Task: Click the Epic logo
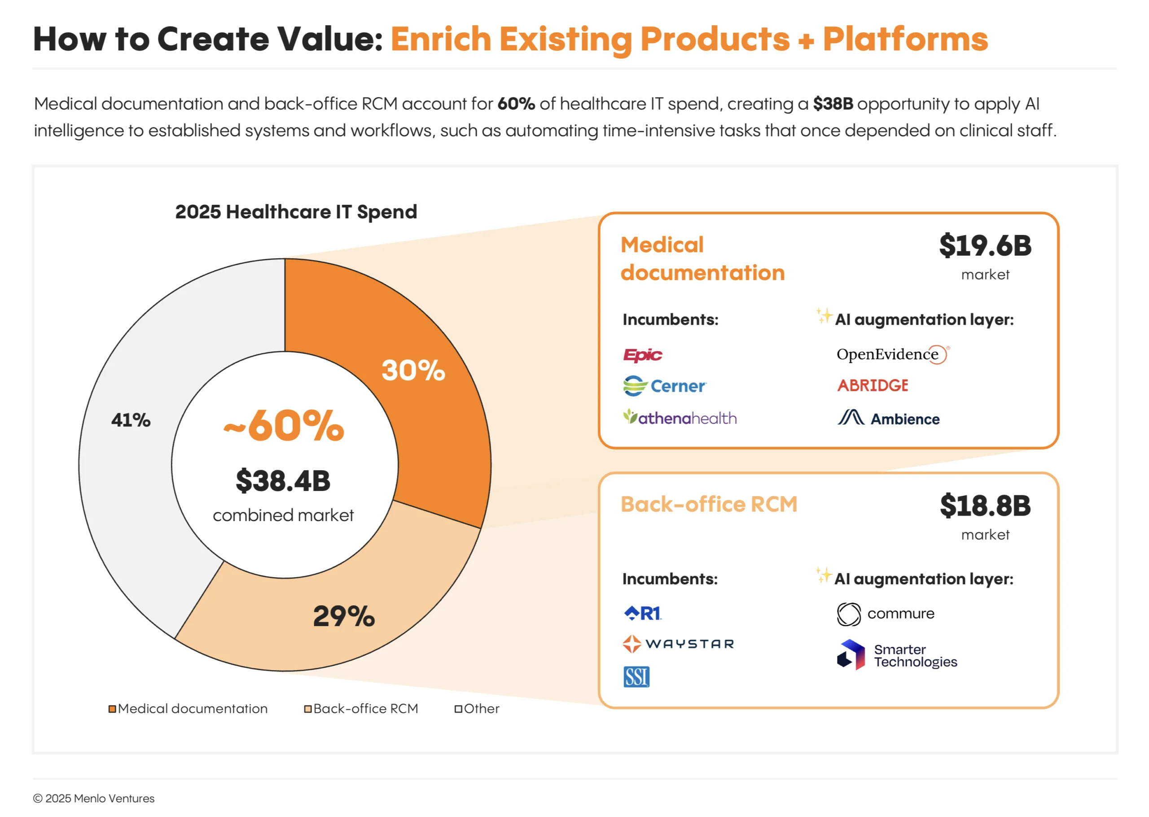click(x=642, y=355)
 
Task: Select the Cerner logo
click(x=664, y=386)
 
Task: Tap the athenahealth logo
click(x=680, y=418)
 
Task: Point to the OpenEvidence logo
click(x=892, y=355)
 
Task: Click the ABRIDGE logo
click(x=873, y=386)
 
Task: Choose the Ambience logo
click(x=888, y=419)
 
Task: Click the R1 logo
click(x=642, y=613)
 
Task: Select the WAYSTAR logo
click(x=678, y=644)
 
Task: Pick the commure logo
click(x=886, y=614)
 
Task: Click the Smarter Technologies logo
click(x=897, y=655)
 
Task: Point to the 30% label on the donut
click(x=413, y=370)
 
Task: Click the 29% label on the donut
click(x=344, y=616)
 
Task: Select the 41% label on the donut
click(x=131, y=420)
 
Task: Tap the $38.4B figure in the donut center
click(x=283, y=481)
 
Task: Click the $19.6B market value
click(x=985, y=246)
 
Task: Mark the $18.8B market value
click(x=985, y=506)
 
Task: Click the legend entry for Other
click(x=477, y=709)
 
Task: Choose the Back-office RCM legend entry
click(x=361, y=709)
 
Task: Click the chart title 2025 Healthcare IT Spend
click(x=296, y=212)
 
